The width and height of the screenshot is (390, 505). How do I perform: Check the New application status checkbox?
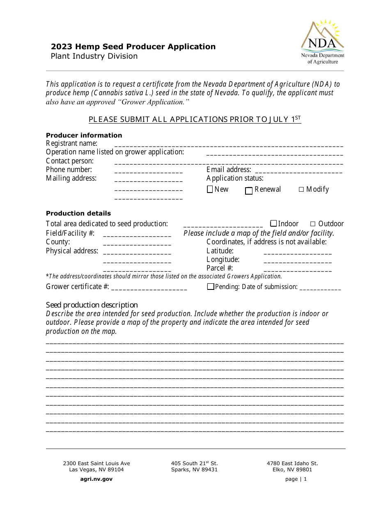tap(210, 189)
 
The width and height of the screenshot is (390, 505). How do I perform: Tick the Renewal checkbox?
tap(249, 191)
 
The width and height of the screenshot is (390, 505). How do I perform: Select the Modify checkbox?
tap(301, 189)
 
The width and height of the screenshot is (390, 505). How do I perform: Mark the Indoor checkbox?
tap(273, 223)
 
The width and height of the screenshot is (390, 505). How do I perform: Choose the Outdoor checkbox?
tap(313, 224)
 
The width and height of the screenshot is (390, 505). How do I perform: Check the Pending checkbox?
tap(211, 287)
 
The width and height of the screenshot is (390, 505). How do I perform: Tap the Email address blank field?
tap(298, 171)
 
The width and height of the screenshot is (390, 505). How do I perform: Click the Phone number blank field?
tap(149, 171)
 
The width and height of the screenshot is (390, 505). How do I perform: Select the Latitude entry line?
tap(298, 252)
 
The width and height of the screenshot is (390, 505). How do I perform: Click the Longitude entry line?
tap(298, 261)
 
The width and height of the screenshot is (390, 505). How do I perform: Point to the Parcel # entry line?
tap(298, 270)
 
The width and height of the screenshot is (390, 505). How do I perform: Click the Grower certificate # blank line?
tap(149, 288)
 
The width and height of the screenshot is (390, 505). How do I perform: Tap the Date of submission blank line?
tap(320, 288)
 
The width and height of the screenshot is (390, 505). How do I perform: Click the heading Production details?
tap(78, 213)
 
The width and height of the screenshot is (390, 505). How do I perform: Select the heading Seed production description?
tap(92, 305)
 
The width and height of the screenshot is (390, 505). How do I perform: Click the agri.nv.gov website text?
tap(96, 479)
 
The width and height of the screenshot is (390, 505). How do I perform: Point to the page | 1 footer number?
tap(296, 479)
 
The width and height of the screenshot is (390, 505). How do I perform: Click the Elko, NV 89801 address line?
tap(292, 470)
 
